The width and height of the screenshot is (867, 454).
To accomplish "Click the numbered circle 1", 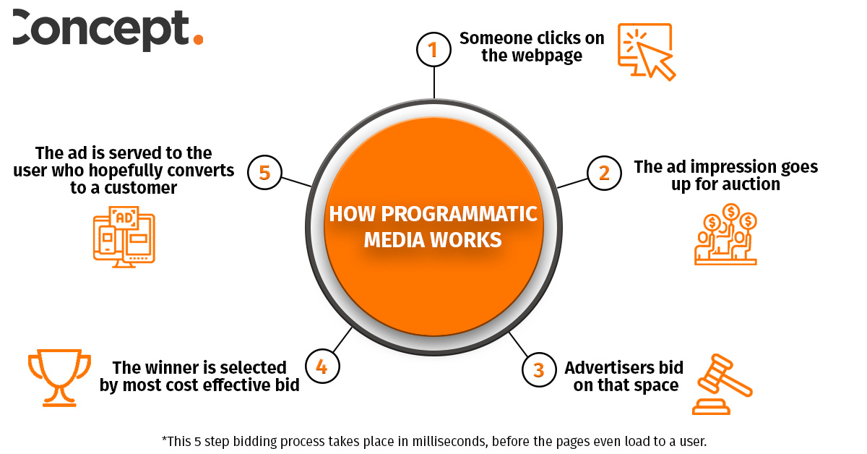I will pos(433,49).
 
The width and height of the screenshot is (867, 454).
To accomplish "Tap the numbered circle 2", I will pos(605,173).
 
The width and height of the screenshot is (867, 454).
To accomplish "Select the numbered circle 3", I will pos(539,370).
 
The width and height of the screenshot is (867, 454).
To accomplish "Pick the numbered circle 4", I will pos(322,367).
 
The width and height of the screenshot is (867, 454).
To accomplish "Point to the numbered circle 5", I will pos(264,174).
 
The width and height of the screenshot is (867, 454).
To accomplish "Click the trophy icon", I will pos(59,377).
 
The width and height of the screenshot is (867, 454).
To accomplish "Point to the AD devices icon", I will pos(124,236).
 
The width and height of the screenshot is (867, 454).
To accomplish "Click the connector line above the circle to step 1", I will pos(433,83).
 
